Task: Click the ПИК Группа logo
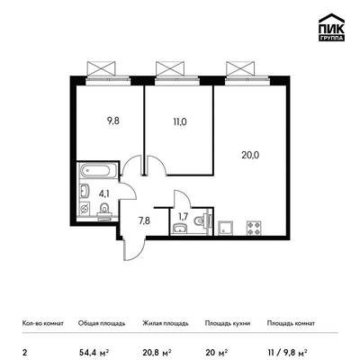pyautogui.click(x=331, y=28)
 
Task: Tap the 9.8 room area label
pyautogui.click(x=113, y=121)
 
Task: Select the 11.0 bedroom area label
pyautogui.click(x=180, y=122)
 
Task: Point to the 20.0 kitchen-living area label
pyautogui.click(x=250, y=155)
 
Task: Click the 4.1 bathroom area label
pyautogui.click(x=104, y=193)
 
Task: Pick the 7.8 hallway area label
pyautogui.click(x=144, y=221)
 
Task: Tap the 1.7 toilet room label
pyautogui.click(x=183, y=217)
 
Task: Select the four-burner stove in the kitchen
pyautogui.click(x=255, y=228)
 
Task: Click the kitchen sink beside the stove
pyautogui.click(x=225, y=228)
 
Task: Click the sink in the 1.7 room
pyautogui.click(x=180, y=229)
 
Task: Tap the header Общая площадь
pyautogui.click(x=102, y=323)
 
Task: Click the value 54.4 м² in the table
pyautogui.click(x=94, y=352)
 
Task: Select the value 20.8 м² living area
pyautogui.click(x=157, y=352)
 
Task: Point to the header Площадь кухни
pyautogui.click(x=228, y=323)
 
